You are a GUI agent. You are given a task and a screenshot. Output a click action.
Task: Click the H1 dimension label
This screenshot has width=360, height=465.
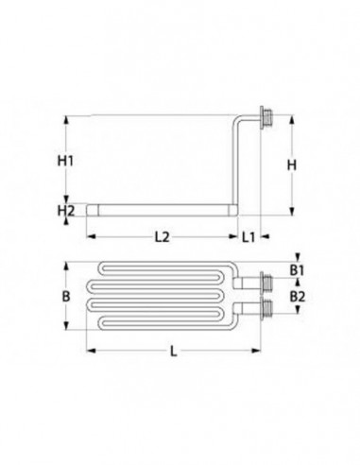pyautogui.click(x=65, y=161)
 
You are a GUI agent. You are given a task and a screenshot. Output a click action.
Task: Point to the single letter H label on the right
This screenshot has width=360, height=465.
pyautogui.click(x=293, y=165)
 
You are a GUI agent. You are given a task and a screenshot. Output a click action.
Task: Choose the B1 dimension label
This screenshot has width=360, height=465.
pyautogui.click(x=297, y=271)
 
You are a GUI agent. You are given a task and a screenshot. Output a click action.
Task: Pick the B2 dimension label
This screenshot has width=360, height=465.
pyautogui.click(x=297, y=296)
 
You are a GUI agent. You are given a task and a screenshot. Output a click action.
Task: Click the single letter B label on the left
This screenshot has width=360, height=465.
pyautogui.click(x=65, y=296)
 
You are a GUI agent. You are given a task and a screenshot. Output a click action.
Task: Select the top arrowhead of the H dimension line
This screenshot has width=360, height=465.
pyautogui.click(x=293, y=120)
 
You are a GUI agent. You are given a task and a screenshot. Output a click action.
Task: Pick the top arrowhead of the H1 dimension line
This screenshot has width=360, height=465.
pyautogui.click(x=65, y=120)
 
